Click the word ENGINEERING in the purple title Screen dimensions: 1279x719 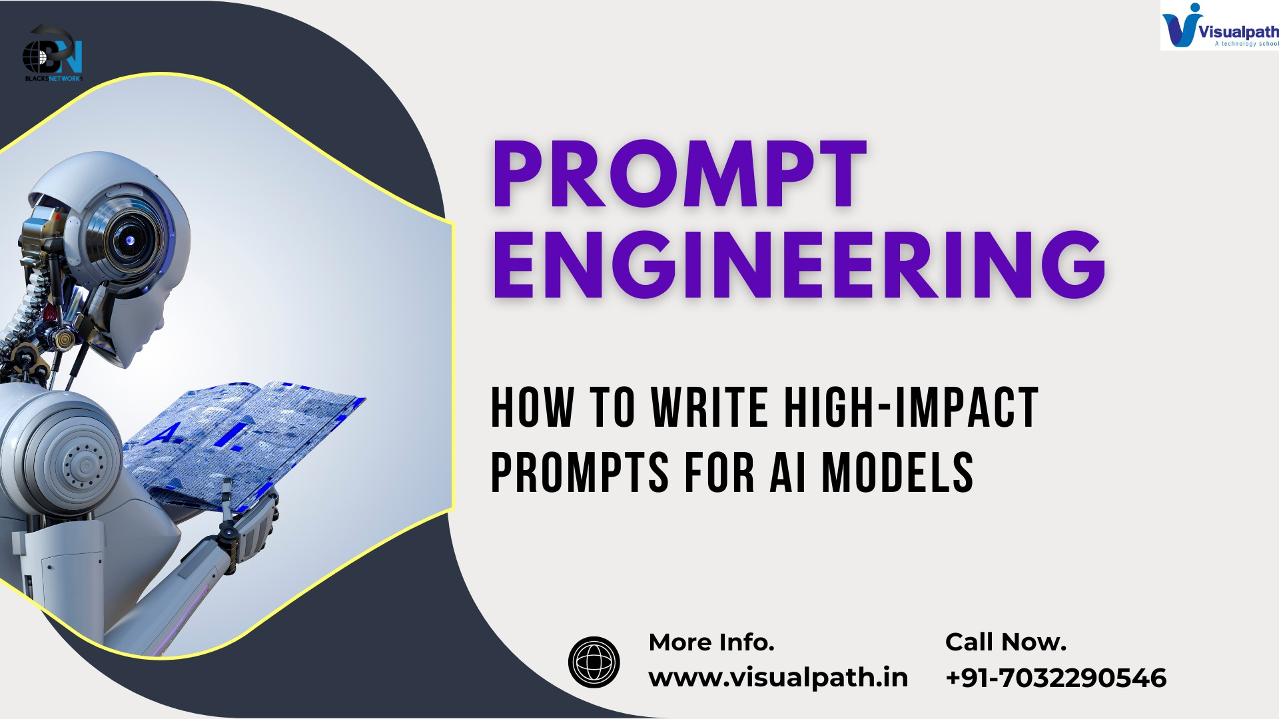point(799,265)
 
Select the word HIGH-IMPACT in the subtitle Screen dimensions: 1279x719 point(911,407)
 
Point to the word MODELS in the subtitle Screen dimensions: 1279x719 point(897,472)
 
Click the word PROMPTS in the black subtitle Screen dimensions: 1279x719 point(580,472)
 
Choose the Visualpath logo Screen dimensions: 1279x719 point(1220,25)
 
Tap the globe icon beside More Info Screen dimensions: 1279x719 point(594,662)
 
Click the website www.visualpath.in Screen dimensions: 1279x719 point(778,678)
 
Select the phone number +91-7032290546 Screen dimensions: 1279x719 point(1056,678)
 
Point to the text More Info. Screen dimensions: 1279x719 point(711,642)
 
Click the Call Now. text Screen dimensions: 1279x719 point(1006,642)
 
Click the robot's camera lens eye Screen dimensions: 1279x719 point(129,239)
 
